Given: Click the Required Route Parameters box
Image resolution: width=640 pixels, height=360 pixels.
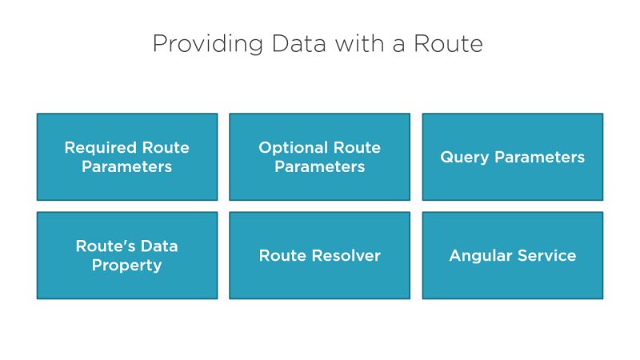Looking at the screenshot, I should click(x=126, y=157).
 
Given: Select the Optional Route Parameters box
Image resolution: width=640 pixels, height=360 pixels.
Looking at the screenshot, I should click(x=319, y=157).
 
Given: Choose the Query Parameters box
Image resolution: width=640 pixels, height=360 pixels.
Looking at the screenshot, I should click(x=512, y=157).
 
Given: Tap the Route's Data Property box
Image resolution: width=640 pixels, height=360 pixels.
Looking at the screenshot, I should click(x=126, y=255).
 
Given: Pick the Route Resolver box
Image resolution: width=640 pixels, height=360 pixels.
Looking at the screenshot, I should click(x=319, y=255).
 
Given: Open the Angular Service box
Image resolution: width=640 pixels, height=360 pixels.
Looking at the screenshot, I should click(x=512, y=255).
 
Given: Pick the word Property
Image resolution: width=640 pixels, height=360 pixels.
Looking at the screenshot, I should click(x=126, y=266).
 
